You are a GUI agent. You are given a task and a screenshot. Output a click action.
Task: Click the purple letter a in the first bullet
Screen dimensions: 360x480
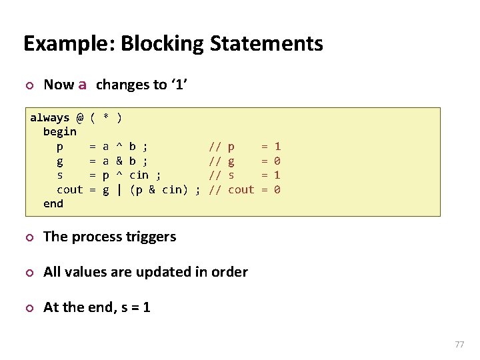click(82, 85)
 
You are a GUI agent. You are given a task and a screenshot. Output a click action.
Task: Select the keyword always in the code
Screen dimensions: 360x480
click(49, 118)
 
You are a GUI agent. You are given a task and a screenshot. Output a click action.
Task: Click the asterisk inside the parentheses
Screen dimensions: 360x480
click(106, 118)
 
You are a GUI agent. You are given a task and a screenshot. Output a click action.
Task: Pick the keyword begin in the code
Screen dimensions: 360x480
click(59, 132)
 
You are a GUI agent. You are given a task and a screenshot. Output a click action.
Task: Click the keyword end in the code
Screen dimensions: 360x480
click(53, 203)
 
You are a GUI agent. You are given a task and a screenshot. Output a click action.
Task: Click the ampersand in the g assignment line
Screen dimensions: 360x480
click(119, 161)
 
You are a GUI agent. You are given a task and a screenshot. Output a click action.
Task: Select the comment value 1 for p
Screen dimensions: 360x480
click(277, 146)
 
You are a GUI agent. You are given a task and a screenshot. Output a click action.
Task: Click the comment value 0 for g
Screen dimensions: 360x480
click(277, 161)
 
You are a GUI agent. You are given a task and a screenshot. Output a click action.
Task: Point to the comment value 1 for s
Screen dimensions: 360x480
click(277, 175)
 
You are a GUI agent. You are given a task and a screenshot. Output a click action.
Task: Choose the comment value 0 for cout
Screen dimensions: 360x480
click(277, 189)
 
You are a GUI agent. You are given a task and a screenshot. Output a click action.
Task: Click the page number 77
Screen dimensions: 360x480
click(459, 344)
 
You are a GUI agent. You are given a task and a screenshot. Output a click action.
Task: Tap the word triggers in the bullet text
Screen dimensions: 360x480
click(153, 237)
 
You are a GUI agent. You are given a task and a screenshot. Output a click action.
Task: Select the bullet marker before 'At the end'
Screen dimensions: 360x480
click(27, 308)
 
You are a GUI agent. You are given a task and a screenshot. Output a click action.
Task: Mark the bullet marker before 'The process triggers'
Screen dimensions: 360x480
click(27, 237)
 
